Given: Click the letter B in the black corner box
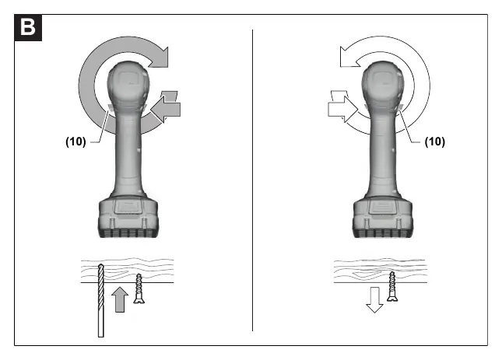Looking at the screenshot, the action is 28,27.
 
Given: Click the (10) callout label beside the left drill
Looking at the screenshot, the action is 75,142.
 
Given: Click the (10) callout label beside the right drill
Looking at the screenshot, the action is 435,142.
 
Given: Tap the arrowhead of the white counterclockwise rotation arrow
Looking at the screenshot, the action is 349,58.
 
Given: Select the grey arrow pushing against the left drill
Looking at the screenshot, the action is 166,109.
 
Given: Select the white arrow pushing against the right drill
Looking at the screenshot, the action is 342,109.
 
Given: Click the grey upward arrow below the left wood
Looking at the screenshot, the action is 120,299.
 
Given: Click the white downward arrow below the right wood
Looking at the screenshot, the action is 374,299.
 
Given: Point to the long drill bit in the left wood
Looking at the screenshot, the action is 101,301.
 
